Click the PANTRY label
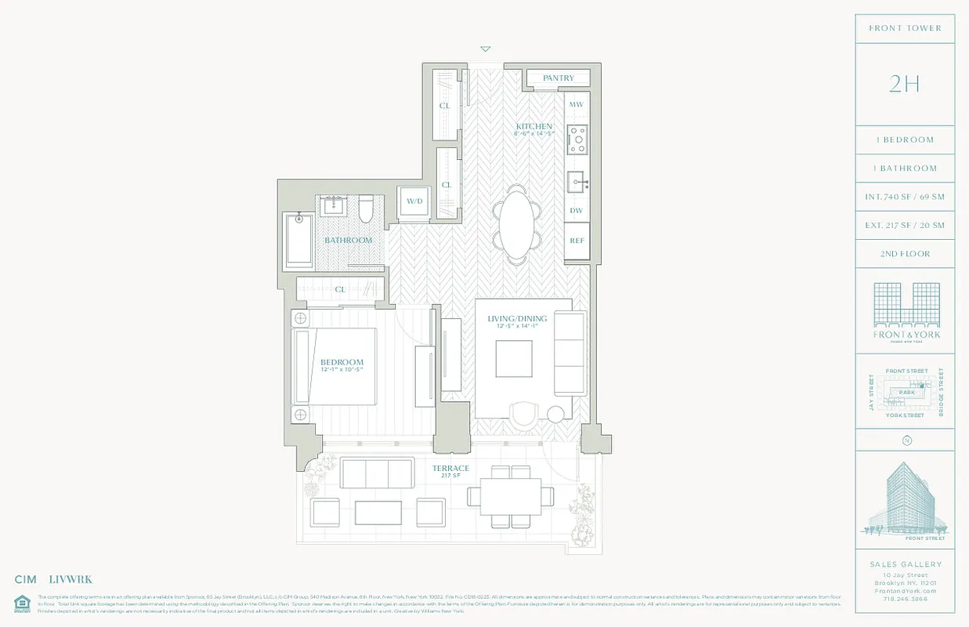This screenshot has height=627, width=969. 559,78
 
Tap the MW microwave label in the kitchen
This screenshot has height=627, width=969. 577,105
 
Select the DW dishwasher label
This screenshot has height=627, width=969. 577,211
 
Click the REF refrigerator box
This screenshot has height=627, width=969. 577,241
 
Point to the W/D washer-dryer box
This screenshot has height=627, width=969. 414,201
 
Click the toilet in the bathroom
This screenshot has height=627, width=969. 366,208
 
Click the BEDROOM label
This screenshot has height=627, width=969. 342,363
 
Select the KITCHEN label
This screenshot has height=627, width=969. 534,127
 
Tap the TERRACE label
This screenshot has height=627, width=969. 451,469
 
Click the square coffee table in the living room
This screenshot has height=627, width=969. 515,361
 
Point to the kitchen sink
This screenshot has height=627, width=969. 577,182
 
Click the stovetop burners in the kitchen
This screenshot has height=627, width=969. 577,140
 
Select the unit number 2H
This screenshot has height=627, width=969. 905,84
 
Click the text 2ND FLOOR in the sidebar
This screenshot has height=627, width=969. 905,254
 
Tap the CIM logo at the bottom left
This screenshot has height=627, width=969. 26,580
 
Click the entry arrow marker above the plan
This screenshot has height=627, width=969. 486,49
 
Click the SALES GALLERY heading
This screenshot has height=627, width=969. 905,564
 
